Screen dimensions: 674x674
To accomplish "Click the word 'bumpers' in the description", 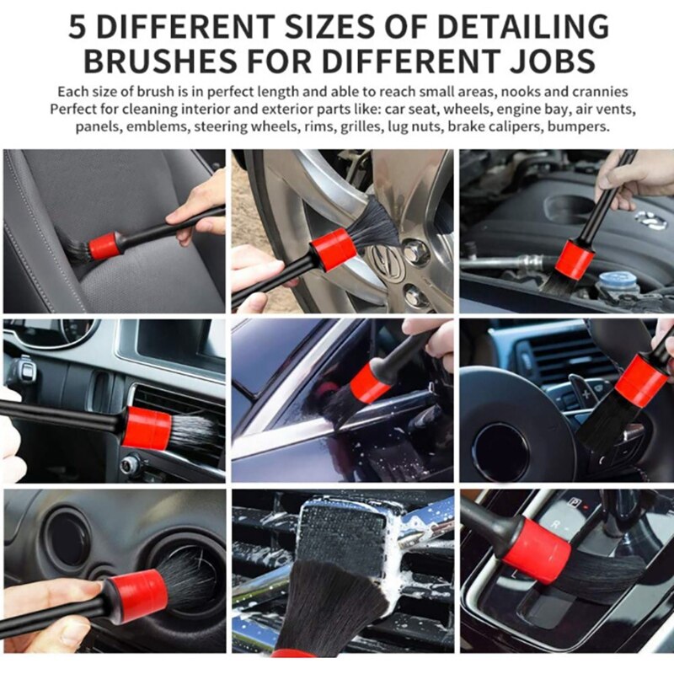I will (578, 126).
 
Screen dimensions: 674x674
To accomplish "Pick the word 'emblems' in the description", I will (158, 126).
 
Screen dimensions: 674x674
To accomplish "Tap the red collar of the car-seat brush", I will (105, 245).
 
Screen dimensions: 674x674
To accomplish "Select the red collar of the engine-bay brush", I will (575, 258).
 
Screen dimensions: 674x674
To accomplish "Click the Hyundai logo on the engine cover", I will (650, 220).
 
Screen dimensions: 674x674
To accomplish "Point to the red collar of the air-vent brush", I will (146, 427).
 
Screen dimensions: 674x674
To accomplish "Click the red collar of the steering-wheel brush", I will (641, 381).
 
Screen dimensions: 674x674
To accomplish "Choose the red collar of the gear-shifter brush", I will (537, 550).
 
